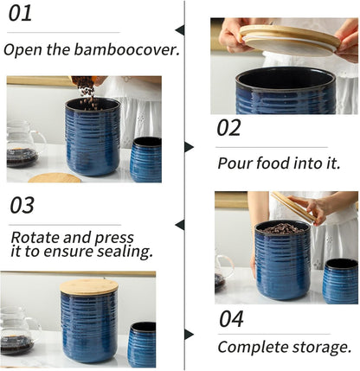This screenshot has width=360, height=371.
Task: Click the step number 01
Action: pos(20,13)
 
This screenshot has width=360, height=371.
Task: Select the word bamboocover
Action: pos(129,49)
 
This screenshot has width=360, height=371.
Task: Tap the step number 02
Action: pos(228,128)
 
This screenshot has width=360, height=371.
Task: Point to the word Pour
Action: pos(235,163)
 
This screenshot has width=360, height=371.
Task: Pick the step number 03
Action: pos(22,205)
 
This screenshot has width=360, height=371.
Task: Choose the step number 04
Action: pos(231,318)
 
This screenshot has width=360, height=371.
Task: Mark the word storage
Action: pos(323,347)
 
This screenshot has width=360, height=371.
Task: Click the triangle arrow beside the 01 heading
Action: pos(180,29)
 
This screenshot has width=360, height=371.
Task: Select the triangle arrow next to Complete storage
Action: pos(190,334)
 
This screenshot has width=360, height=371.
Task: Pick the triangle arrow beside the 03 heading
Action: pos(180,225)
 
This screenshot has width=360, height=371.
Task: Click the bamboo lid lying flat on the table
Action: pos(55,178)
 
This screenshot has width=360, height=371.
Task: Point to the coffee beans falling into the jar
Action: pos(88,93)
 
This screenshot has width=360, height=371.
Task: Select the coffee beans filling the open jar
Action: pos(283,228)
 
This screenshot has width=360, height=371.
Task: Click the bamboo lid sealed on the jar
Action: pos(89,286)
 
